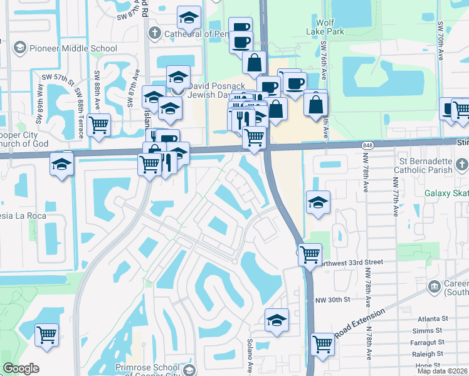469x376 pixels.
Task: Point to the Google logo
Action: point(21,368)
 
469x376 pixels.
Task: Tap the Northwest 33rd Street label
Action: point(350,263)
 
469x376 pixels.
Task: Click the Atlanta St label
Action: point(428,317)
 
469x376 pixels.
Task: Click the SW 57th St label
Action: point(58,78)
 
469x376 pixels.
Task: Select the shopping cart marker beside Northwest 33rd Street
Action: point(310,254)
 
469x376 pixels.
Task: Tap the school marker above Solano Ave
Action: point(277,320)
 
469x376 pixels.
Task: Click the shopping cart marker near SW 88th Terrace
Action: point(99,125)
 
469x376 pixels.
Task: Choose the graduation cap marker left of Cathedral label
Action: point(189,19)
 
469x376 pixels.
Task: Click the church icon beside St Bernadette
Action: point(462,165)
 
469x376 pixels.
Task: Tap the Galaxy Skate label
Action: point(446,194)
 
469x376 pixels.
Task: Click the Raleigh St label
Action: point(428,354)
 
